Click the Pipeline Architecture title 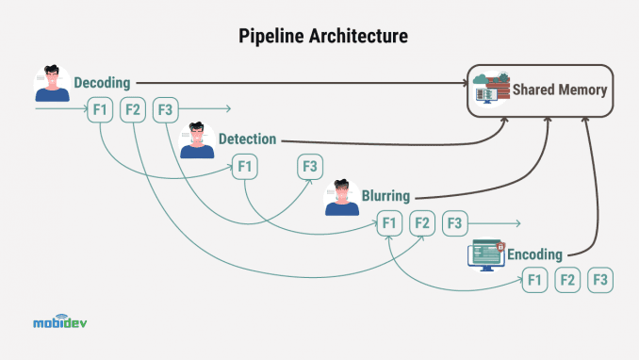click(319, 38)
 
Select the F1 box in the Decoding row click(102, 110)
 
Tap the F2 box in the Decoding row click(133, 110)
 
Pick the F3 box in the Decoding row click(165, 110)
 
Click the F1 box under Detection click(246, 167)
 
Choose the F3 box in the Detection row click(310, 167)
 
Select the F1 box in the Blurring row click(389, 223)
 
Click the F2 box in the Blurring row click(421, 223)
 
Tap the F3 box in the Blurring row click(454, 223)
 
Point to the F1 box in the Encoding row click(535, 280)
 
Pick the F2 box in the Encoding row click(567, 280)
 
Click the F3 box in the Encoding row click(599, 280)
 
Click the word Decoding click(102, 83)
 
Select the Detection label click(247, 139)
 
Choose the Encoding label click(534, 254)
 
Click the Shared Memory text click(560, 90)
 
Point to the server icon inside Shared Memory click(493, 90)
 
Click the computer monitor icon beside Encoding click(487, 254)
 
